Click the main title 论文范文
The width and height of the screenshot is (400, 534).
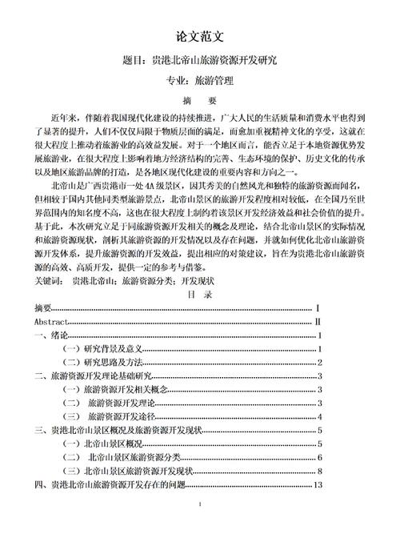199,37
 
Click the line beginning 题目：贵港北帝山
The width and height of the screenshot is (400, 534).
199,60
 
